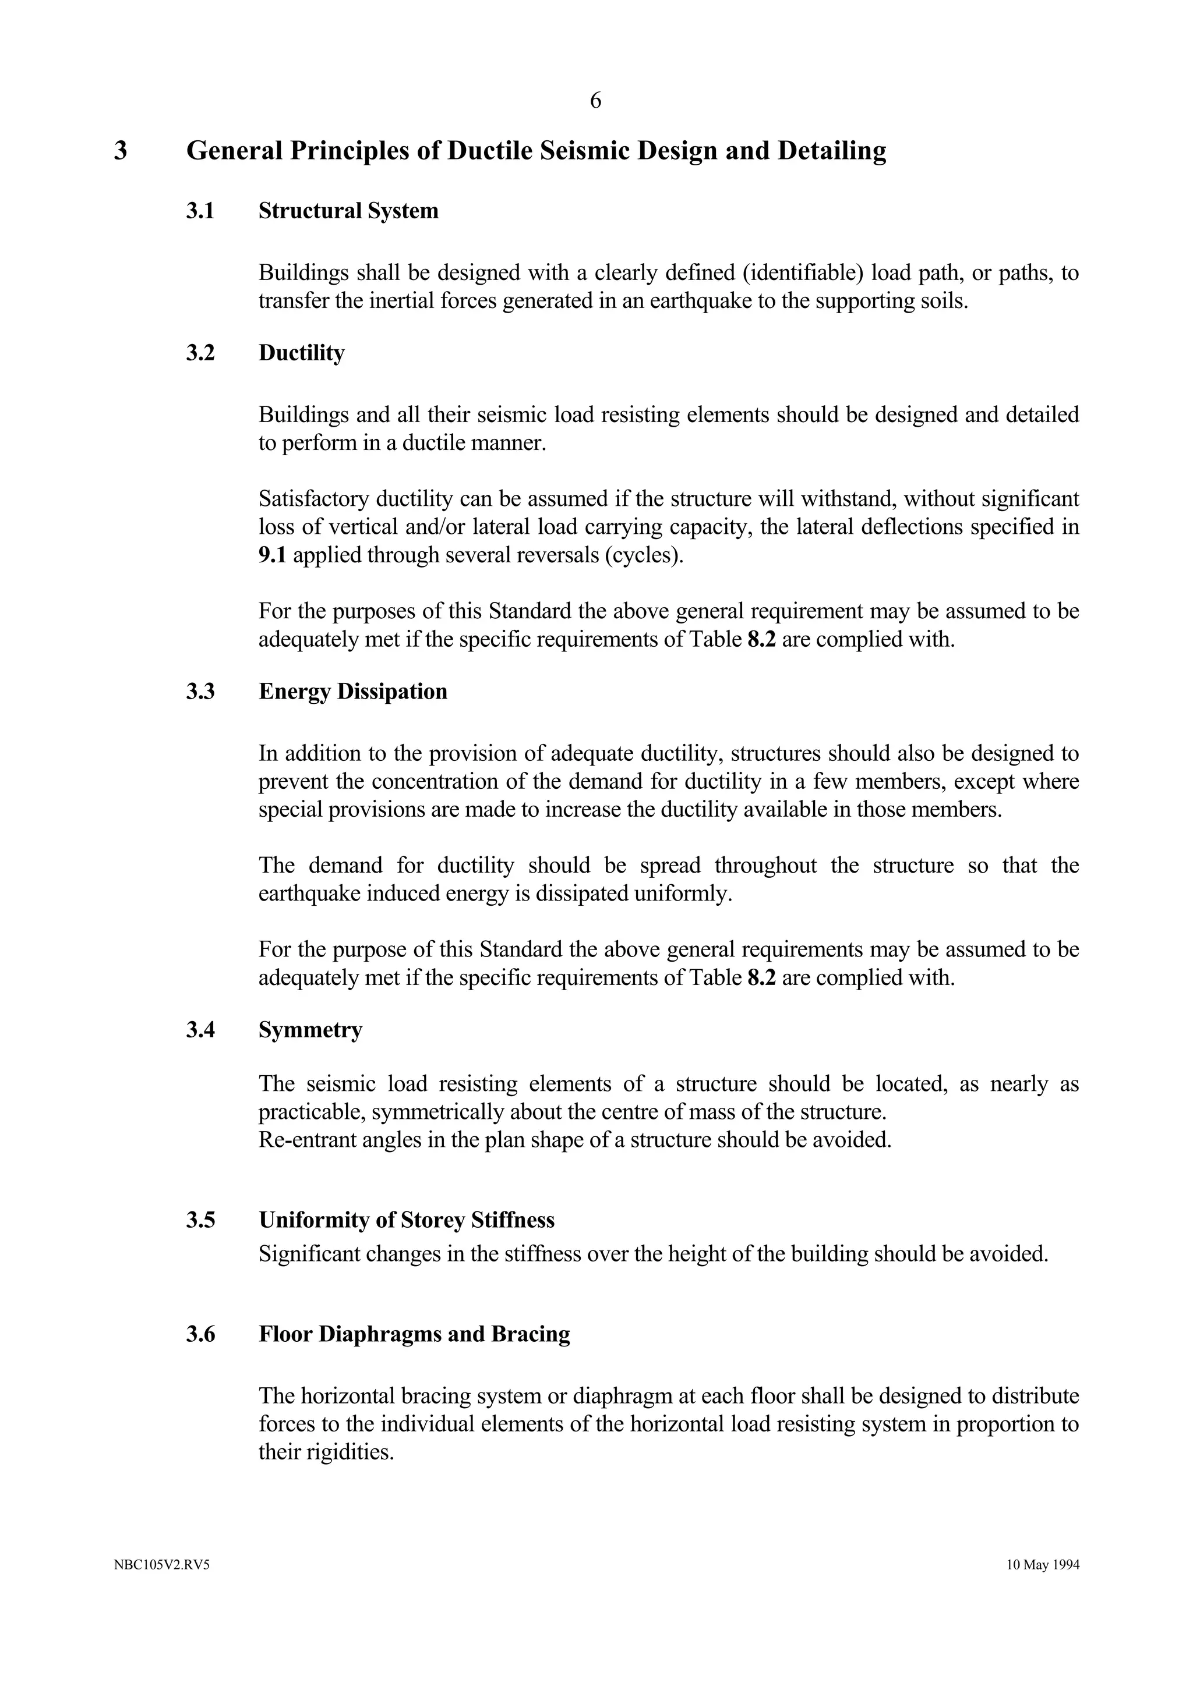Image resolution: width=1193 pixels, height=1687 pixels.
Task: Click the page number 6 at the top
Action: pyautogui.click(x=595, y=101)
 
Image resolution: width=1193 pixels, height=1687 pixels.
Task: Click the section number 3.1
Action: pyautogui.click(x=200, y=211)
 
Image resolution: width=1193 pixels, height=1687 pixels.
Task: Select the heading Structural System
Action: pyautogui.click(x=348, y=211)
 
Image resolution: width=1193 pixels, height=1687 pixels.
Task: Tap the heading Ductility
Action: pyautogui.click(x=301, y=353)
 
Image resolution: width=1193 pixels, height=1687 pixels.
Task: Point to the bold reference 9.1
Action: pyautogui.click(x=272, y=555)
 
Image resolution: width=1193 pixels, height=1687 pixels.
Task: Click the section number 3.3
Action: pyautogui.click(x=200, y=692)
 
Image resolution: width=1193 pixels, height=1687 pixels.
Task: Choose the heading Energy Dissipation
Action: pyautogui.click(x=353, y=692)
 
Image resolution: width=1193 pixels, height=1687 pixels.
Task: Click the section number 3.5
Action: pyautogui.click(x=200, y=1221)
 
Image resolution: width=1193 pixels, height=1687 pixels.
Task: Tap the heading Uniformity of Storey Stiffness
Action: pyautogui.click(x=407, y=1221)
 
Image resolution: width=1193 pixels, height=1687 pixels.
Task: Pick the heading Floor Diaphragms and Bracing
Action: pyautogui.click(x=414, y=1334)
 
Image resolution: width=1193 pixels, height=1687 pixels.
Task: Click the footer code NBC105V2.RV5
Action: pyautogui.click(x=162, y=1565)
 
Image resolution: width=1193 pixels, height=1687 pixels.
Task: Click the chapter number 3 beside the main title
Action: pyautogui.click(x=121, y=151)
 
